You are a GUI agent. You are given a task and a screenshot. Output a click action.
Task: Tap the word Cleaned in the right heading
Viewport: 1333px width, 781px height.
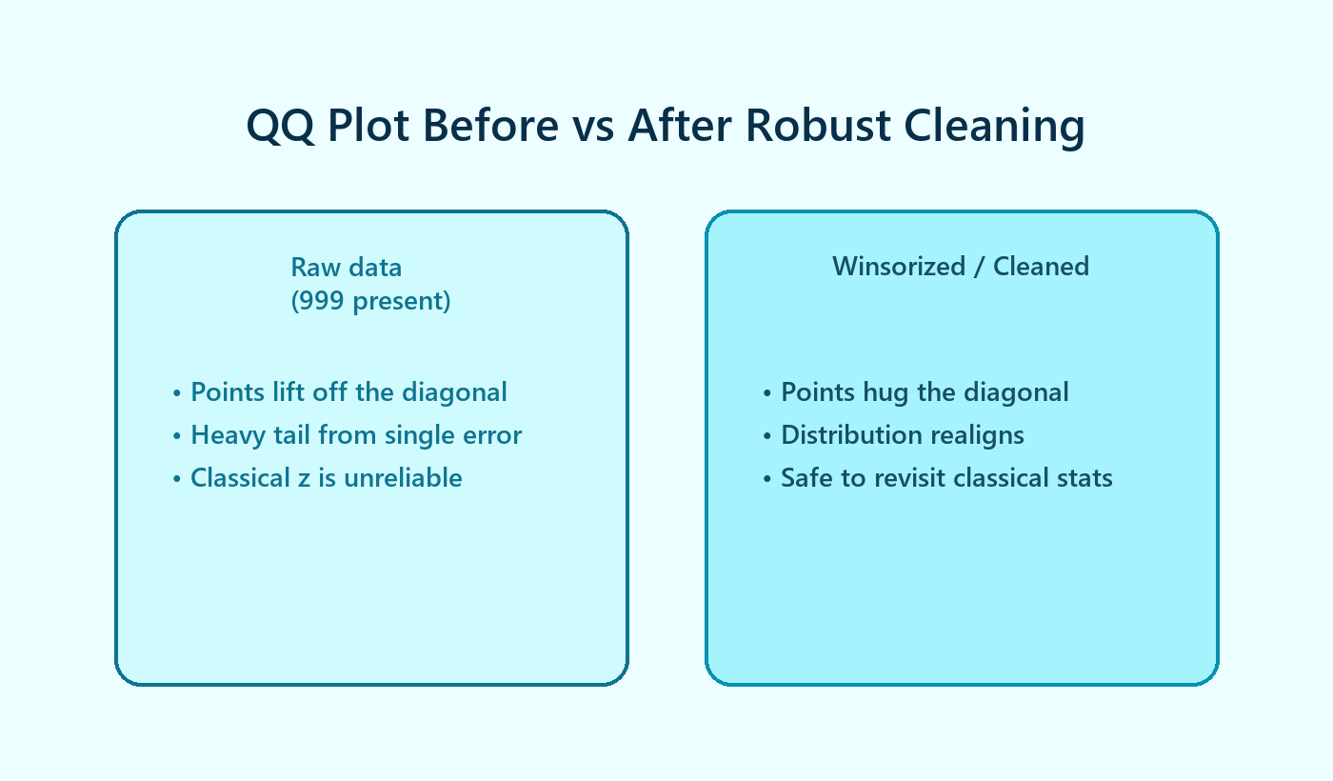(1041, 267)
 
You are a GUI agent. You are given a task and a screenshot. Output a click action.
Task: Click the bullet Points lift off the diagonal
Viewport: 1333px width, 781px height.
(348, 392)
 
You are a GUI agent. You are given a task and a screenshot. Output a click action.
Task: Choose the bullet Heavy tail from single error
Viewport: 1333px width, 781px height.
(356, 435)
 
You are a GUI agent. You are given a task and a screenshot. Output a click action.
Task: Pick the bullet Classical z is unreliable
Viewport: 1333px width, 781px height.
(326, 478)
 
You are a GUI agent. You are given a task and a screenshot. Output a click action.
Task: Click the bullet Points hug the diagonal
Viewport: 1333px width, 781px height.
(925, 392)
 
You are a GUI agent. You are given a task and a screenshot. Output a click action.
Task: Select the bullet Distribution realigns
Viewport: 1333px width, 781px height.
(903, 435)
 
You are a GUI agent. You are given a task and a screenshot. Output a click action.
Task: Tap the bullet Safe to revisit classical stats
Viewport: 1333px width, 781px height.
(946, 478)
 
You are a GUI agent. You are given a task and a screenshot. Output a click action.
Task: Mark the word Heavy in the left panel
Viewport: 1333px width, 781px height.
(221, 435)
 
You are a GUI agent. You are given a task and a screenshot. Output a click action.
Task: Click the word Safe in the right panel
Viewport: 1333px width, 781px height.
(806, 478)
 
